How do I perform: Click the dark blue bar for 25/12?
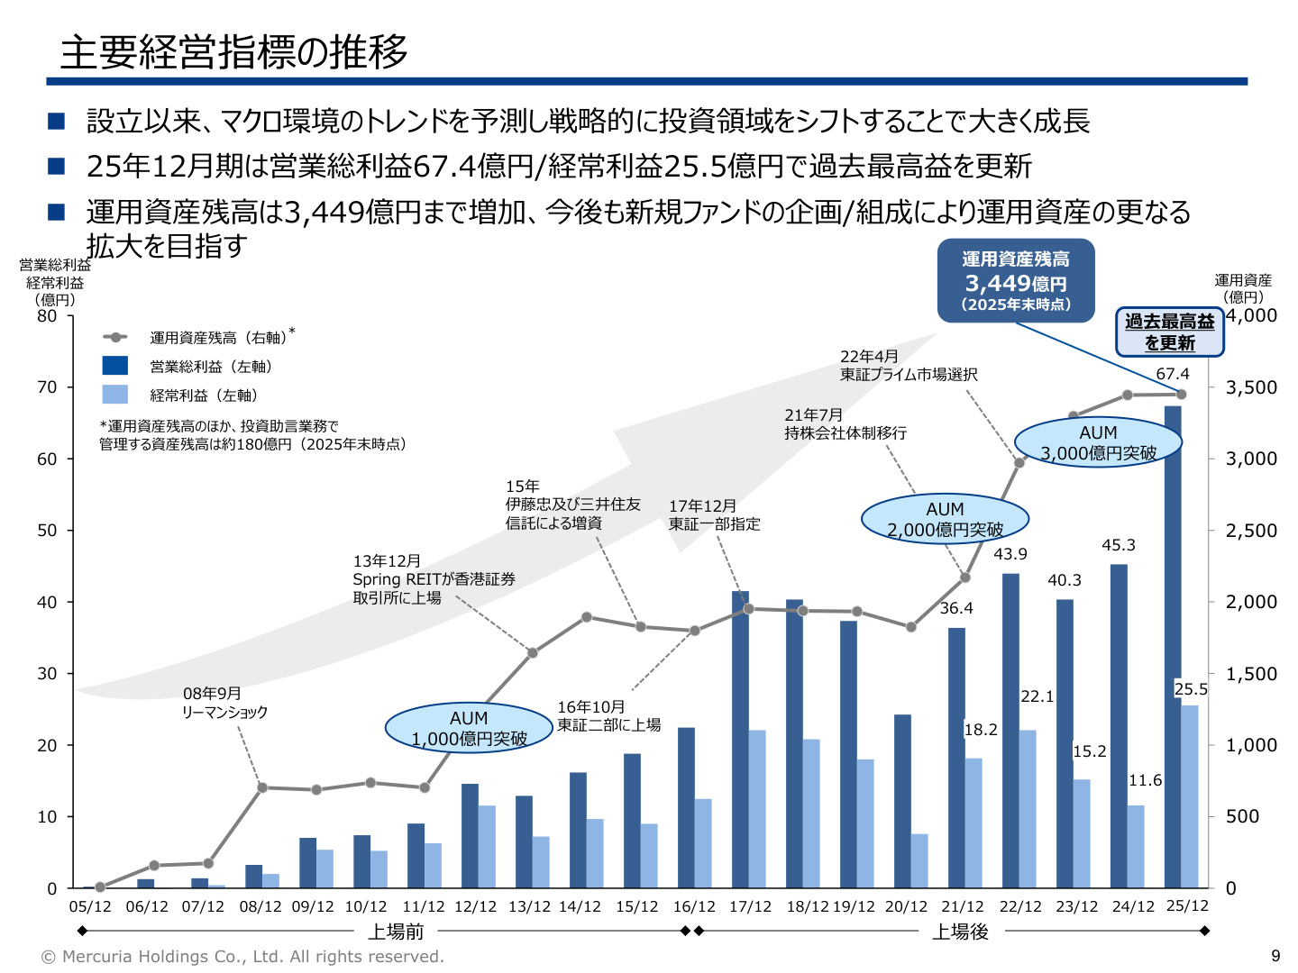click(1172, 646)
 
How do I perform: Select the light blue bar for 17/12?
click(756, 808)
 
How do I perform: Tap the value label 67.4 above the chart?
click(1172, 373)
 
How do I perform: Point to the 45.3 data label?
click(1118, 544)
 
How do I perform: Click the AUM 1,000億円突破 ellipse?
click(469, 727)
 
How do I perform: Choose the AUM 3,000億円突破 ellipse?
click(1098, 441)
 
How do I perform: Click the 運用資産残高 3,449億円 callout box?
click(1015, 280)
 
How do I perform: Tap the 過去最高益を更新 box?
click(1169, 332)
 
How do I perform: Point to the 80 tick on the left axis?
click(47, 316)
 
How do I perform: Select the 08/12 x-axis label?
click(260, 905)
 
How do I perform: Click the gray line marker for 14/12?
click(586, 617)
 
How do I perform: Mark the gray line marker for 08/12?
click(262, 787)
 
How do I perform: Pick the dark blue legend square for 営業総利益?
click(114, 365)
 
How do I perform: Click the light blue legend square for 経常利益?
click(114, 394)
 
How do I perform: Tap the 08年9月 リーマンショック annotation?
click(224, 702)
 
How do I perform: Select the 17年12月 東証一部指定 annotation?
click(714, 514)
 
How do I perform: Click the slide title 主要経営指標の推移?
click(233, 52)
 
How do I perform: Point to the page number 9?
click(1275, 955)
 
